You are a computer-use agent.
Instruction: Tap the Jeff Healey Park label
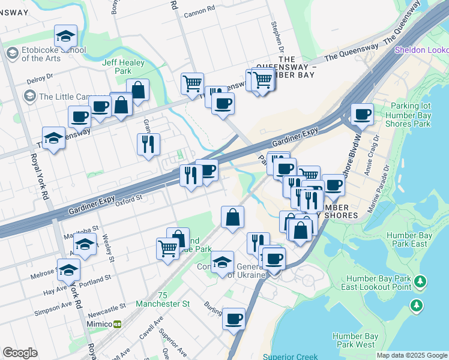(x=108, y=66)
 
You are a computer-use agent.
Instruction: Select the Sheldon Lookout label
(x=421, y=50)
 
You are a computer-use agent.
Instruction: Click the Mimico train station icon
(x=118, y=324)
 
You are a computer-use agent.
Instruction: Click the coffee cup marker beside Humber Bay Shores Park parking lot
(x=362, y=113)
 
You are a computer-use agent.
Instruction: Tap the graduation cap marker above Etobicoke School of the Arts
(x=65, y=37)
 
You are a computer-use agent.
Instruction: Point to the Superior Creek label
(x=290, y=356)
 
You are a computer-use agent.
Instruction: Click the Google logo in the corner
(x=20, y=353)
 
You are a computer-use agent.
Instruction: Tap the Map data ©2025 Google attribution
(x=411, y=355)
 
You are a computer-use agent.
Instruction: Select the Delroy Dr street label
(x=40, y=78)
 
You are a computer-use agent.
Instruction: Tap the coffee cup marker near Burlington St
(x=234, y=318)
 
